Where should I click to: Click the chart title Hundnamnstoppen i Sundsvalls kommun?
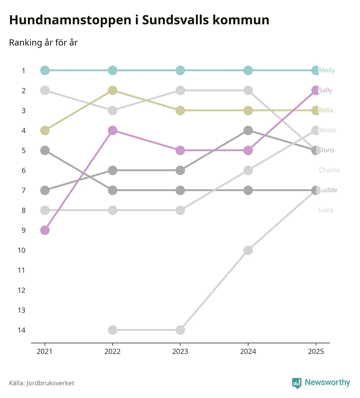pyautogui.click(x=139, y=20)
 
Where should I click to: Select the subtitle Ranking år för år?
pyautogui.click(x=43, y=43)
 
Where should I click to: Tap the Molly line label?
pyautogui.click(x=327, y=70)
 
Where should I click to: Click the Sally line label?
pyautogui.click(x=326, y=90)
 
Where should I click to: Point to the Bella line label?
pyautogui.click(x=326, y=110)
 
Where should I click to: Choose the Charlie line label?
pyautogui.click(x=329, y=170)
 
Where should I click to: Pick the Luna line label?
pyautogui.click(x=326, y=210)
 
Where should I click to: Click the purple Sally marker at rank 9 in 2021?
pyautogui.click(x=45, y=230)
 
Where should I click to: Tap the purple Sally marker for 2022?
pyautogui.click(x=113, y=130)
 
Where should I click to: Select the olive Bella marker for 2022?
pyautogui.click(x=113, y=90)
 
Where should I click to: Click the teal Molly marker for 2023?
pyautogui.click(x=180, y=70)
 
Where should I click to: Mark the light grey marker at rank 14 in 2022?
pyautogui.click(x=113, y=330)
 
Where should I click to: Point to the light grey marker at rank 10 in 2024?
pyautogui.click(x=248, y=250)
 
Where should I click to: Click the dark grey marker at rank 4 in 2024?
pyautogui.click(x=248, y=130)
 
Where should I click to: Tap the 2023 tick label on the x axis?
pyautogui.click(x=180, y=352)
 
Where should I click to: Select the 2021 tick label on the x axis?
pyautogui.click(x=45, y=352)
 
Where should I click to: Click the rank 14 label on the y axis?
pyautogui.click(x=21, y=330)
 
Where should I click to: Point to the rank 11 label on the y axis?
pyautogui.click(x=21, y=270)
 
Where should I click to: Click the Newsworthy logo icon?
pyautogui.click(x=296, y=383)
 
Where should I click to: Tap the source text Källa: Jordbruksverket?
pyautogui.click(x=42, y=383)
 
